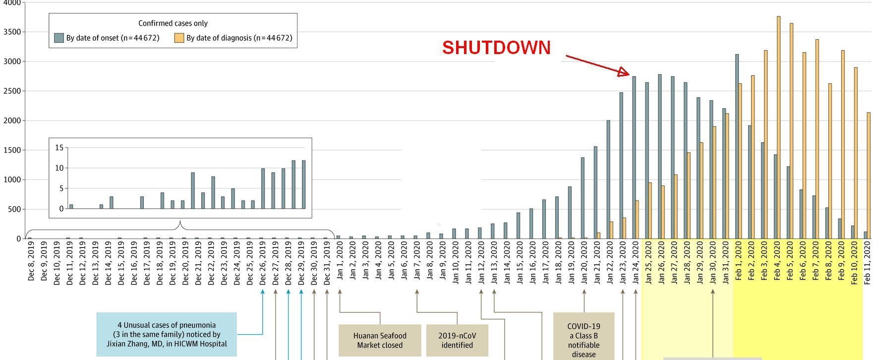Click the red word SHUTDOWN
tap(496, 48)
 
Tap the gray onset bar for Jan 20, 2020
tap(582, 198)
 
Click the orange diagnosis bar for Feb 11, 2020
tap(869, 176)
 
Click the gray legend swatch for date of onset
tap(59, 38)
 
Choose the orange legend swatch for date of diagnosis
tap(179, 38)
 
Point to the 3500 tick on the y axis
tap(11, 32)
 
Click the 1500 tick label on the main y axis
tap(11, 150)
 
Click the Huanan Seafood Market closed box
tap(380, 340)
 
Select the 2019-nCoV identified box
tap(457, 340)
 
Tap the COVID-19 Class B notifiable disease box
tap(583, 337)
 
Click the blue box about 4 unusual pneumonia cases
tap(167, 334)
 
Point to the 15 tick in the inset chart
tap(59, 148)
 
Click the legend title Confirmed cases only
tap(173, 23)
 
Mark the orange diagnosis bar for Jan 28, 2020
tap(689, 195)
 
